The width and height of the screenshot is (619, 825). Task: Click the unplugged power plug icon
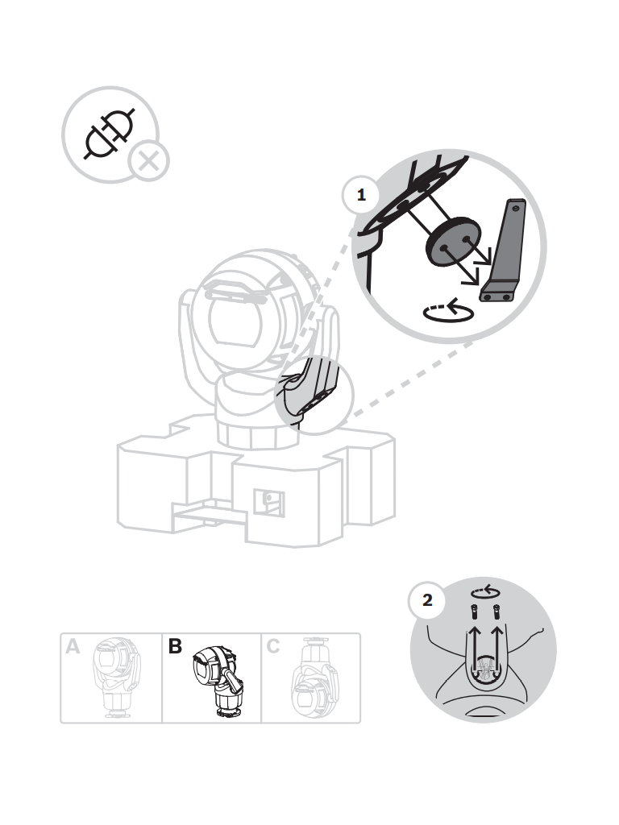click(x=109, y=133)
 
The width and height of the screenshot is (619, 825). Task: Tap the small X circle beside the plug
click(x=147, y=161)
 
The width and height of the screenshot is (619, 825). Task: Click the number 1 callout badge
click(x=361, y=195)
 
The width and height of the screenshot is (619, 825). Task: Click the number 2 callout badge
click(x=427, y=601)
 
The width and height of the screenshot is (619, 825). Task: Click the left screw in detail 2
click(x=476, y=611)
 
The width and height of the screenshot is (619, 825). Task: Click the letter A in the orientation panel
click(x=73, y=646)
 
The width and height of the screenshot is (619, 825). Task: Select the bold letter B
click(x=175, y=646)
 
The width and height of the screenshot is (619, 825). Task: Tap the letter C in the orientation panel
click(x=272, y=646)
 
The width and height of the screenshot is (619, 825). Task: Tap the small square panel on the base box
click(x=268, y=502)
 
